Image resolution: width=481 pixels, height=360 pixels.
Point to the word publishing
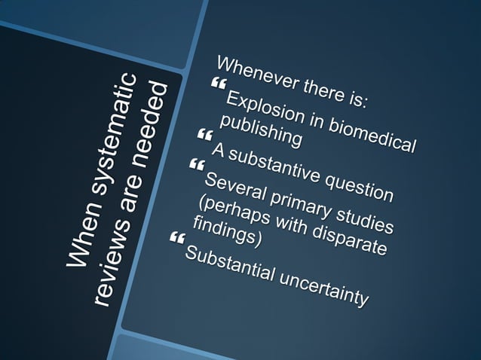[261, 129]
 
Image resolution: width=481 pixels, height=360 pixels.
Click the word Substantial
[229, 261]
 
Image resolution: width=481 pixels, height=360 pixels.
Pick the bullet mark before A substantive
[202, 135]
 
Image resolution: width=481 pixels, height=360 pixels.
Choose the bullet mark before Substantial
[177, 239]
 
